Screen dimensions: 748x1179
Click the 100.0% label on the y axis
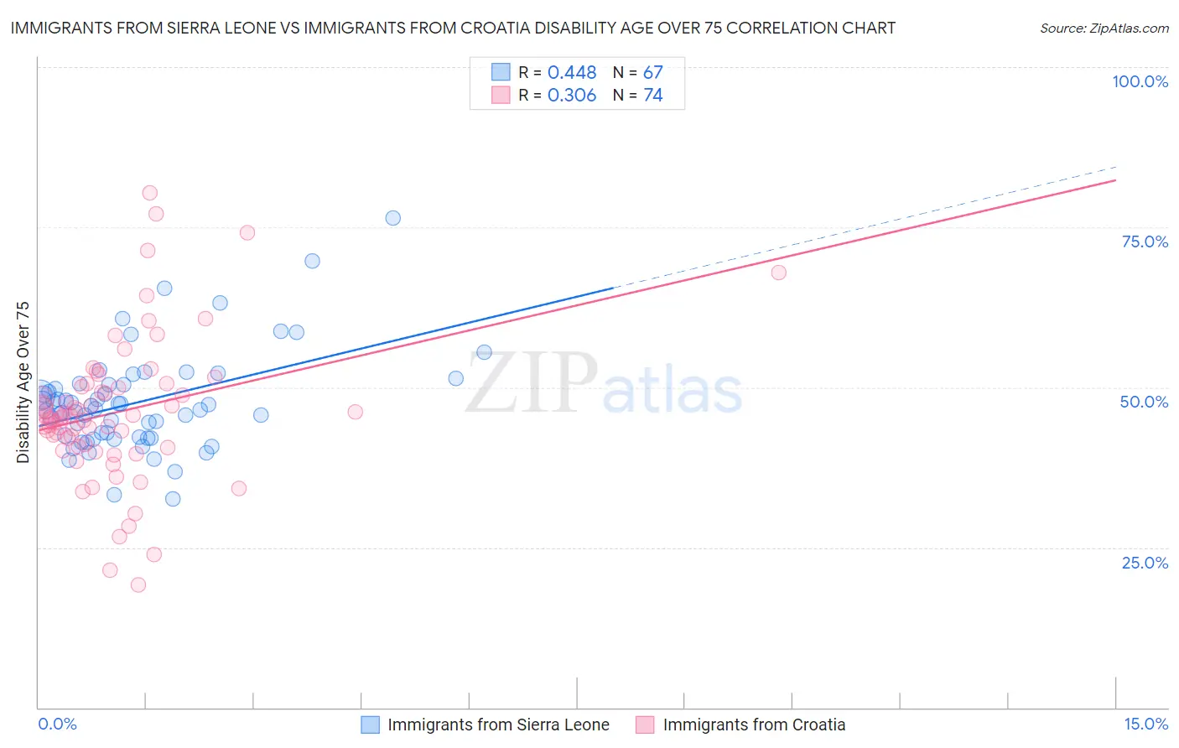tap(1140, 81)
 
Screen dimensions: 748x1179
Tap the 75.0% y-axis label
tap(1145, 242)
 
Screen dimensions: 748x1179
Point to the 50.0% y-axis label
tap(1144, 402)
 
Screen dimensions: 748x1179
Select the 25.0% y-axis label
tap(1145, 563)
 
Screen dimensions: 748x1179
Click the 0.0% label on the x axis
tap(57, 725)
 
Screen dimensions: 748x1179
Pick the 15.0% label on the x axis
tap(1145, 725)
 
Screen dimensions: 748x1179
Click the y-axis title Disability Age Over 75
tap(23, 382)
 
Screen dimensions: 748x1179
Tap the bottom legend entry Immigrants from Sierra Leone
tap(498, 725)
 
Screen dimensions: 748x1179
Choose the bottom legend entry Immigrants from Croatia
tap(754, 725)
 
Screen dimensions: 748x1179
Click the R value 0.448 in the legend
tap(571, 73)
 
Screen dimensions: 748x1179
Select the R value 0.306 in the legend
tap(571, 96)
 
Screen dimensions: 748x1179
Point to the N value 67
tap(652, 73)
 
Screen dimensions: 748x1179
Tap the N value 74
tap(652, 96)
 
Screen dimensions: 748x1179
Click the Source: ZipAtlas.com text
tap(1104, 29)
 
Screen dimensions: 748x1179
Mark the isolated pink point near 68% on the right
tap(778, 273)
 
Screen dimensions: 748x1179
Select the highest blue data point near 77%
tap(392, 218)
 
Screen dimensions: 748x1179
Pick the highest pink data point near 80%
tap(150, 193)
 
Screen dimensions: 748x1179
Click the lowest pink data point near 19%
tap(138, 584)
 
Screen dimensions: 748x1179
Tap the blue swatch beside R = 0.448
tap(501, 72)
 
